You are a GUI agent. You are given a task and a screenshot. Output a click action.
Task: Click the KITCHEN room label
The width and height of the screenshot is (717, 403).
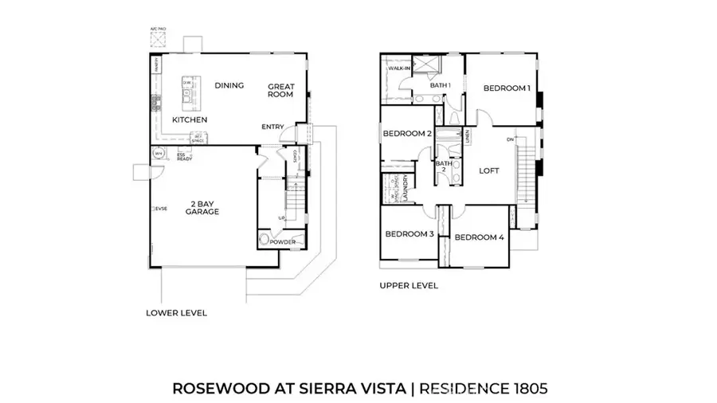pos(190,120)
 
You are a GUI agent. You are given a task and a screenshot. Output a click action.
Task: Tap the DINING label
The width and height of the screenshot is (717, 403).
pos(229,86)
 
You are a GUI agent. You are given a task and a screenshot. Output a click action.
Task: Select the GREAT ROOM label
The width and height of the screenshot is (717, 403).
pos(280,90)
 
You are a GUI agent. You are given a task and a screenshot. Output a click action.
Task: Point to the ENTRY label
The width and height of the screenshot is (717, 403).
pos(272,127)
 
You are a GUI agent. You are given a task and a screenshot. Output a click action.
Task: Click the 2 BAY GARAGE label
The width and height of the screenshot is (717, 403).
pos(202,208)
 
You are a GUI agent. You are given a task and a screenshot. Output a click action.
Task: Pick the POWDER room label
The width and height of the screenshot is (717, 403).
pos(281,241)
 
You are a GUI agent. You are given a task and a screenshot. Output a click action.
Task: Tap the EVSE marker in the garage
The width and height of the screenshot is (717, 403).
pos(161,209)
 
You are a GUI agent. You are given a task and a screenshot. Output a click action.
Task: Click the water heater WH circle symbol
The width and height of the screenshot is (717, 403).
pos(158,155)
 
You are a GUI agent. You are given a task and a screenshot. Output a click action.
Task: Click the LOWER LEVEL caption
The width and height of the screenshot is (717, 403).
pos(176,313)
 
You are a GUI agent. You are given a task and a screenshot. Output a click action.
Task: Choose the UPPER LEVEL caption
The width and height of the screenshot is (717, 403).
pos(409,285)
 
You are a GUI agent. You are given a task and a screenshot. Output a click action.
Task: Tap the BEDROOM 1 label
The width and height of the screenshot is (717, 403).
pos(507,88)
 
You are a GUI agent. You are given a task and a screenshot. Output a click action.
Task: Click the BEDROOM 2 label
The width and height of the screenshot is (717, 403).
pos(407,134)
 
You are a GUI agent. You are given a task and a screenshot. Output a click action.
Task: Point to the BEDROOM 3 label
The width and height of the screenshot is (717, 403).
pos(409,234)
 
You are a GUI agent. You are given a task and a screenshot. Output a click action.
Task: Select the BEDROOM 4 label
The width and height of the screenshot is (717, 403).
pos(480,237)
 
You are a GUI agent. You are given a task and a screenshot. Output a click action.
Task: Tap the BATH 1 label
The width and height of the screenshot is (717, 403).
pos(441,85)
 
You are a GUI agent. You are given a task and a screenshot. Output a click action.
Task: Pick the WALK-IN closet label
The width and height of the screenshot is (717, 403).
pos(398,68)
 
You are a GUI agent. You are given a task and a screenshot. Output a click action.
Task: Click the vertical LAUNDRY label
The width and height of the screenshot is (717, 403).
pos(406,190)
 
